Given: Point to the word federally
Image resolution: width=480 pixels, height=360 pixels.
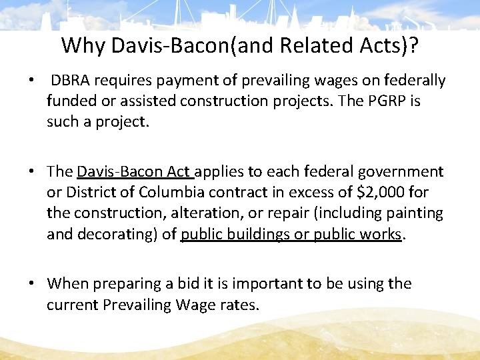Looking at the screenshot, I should pos(414,81).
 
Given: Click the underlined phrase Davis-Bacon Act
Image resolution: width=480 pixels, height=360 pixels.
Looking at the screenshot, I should pos(134,171).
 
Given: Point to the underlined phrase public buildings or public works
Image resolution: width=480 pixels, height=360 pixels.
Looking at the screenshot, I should pos(291,234).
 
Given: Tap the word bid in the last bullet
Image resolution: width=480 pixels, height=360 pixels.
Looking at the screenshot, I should pos(173,283).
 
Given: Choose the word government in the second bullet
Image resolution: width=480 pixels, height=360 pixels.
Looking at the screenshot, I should pos(401,171).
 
